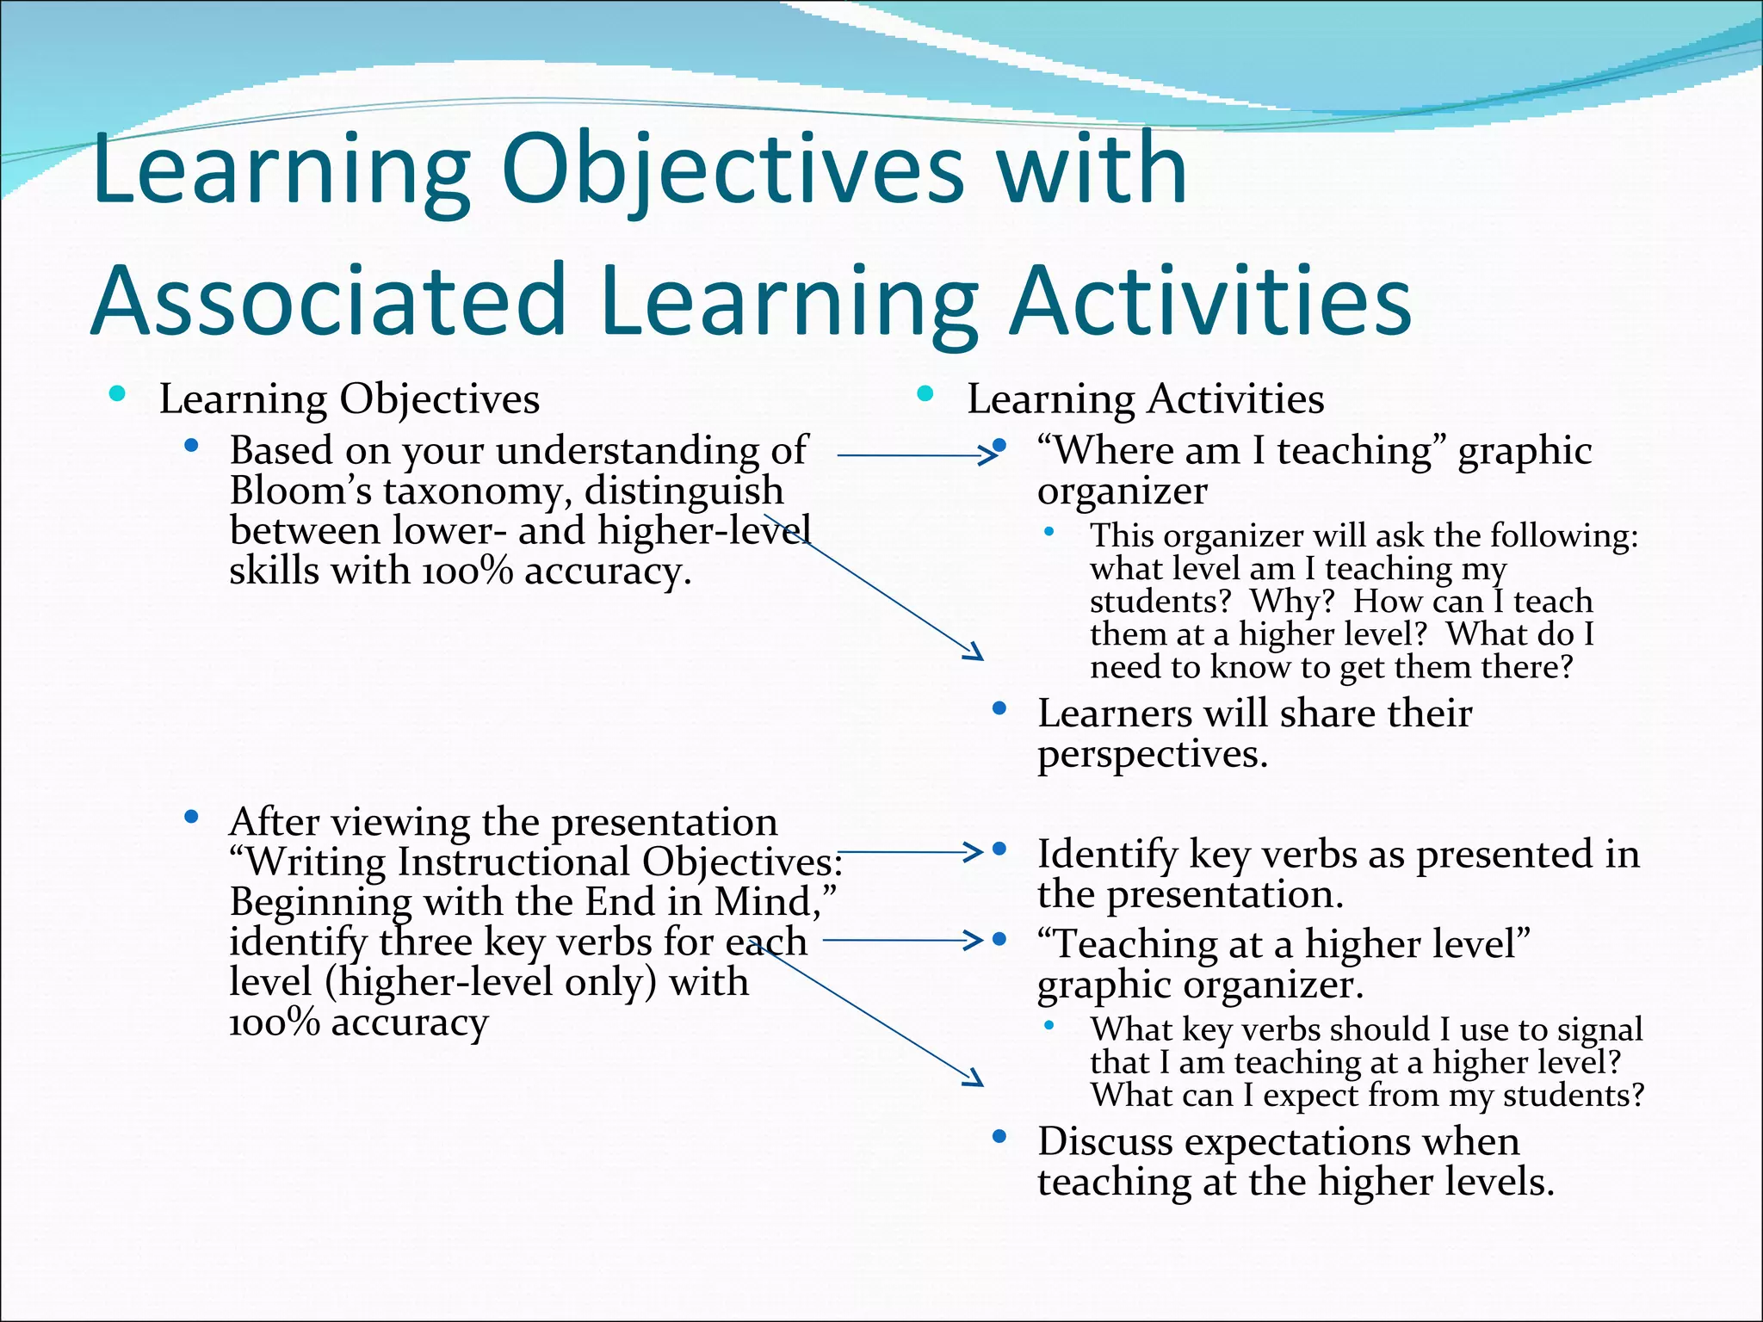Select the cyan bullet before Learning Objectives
click(118, 395)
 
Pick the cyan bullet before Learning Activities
click(925, 395)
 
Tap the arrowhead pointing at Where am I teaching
click(987, 454)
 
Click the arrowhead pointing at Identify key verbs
click(973, 852)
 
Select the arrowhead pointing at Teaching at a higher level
click(973, 940)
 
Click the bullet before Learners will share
click(999, 709)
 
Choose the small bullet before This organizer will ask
click(1049, 532)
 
